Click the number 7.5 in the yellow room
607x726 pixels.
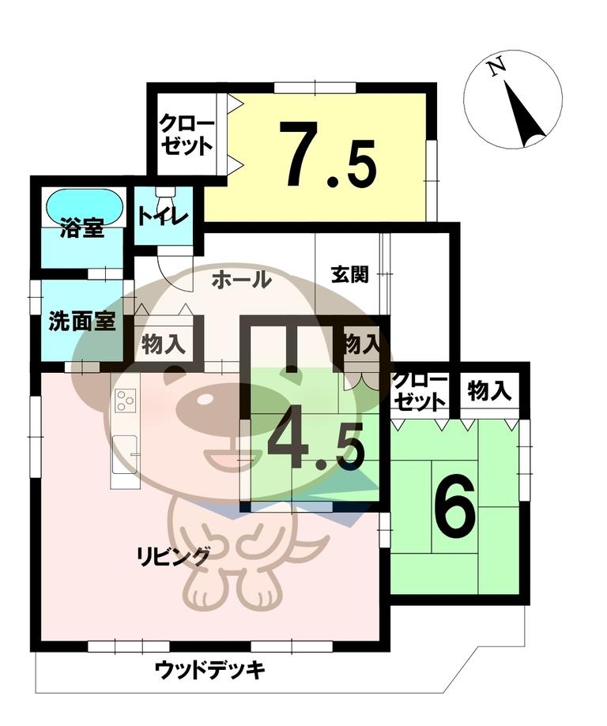tap(330, 154)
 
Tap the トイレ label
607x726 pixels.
tap(163, 217)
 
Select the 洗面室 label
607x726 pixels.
tap(81, 322)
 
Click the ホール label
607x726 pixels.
tap(241, 280)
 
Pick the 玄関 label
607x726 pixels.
tap(349, 275)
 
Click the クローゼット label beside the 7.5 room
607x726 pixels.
tap(187, 136)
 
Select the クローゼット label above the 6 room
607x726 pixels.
tap(420, 391)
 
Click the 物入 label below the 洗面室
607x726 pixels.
tap(164, 344)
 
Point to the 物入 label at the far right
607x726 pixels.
tap(489, 390)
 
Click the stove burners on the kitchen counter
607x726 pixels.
tap(126, 400)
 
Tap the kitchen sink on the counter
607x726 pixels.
tap(124, 455)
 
